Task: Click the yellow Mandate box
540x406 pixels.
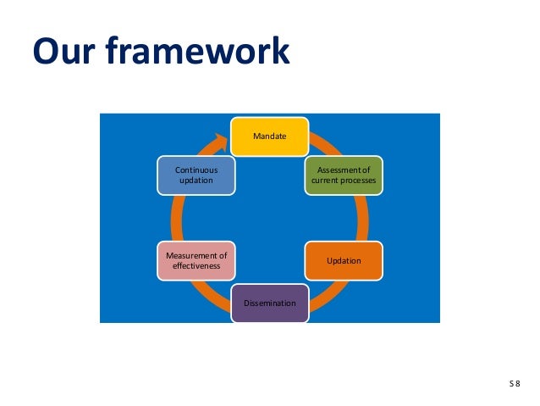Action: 269,136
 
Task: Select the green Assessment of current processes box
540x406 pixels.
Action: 343,175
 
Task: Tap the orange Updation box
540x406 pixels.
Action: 344,260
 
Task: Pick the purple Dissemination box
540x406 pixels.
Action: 270,303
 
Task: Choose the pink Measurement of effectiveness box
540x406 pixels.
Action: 196,260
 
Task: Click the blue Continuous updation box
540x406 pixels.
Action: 196,175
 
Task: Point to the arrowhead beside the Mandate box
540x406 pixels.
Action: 223,138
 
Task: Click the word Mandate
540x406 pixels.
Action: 269,136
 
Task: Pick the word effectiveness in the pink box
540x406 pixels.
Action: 196,266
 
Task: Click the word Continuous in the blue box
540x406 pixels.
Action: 196,170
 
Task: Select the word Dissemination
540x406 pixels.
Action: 270,303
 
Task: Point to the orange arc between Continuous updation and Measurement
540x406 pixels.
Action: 177,217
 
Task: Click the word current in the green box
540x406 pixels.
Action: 325,181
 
